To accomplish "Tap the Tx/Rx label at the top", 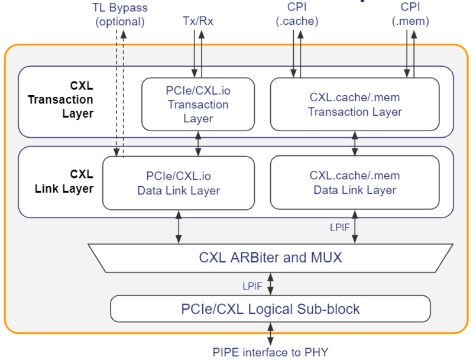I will (197, 21).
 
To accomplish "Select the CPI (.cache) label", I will (296, 15).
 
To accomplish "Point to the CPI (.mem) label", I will (410, 15).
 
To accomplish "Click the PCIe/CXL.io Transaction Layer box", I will (197, 104).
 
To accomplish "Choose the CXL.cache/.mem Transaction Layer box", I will (355, 104).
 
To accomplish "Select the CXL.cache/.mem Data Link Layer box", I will (355, 183).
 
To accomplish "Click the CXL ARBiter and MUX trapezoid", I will (270, 257).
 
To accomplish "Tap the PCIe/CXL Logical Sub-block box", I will (270, 309).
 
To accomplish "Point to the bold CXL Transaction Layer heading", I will (60, 100).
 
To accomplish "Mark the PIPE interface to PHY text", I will (270, 352).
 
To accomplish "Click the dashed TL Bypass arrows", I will (119, 95).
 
